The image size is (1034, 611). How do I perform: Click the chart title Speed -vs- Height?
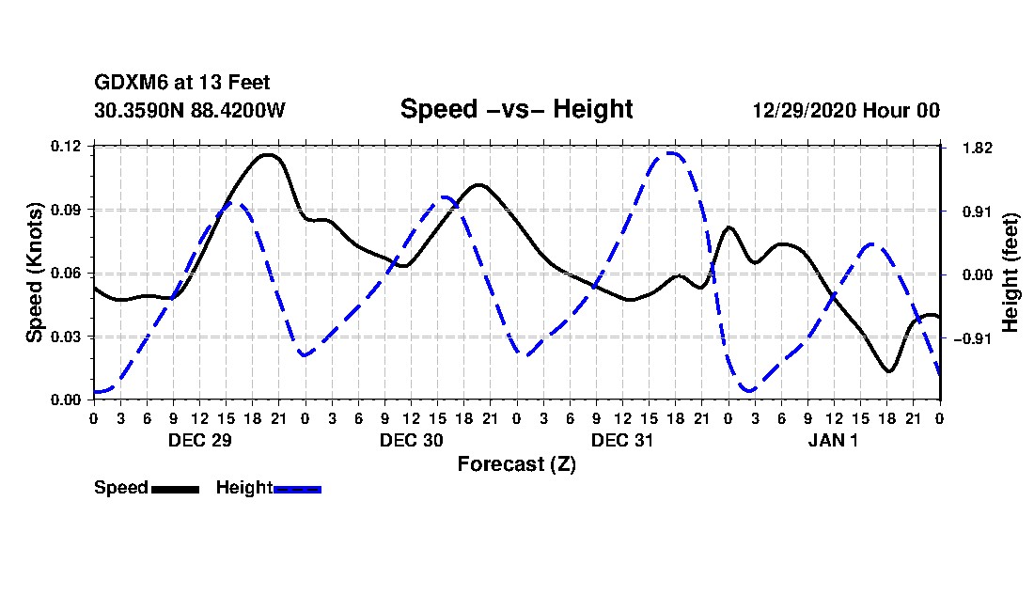[516, 109]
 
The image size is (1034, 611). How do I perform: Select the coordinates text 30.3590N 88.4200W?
[190, 110]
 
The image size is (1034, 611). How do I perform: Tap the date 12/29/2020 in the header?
[804, 110]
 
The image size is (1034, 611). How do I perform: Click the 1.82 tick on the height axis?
[978, 149]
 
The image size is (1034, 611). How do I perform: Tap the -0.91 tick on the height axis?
[973, 338]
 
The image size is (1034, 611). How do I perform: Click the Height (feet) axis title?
[1010, 273]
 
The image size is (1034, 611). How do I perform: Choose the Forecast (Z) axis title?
[517, 464]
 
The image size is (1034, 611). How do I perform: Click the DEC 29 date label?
[200, 440]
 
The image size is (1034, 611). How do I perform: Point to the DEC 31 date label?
[622, 440]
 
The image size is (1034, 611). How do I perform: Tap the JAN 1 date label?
[834, 440]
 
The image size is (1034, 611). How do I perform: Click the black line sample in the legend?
[176, 489]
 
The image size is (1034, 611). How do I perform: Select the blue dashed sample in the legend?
[297, 489]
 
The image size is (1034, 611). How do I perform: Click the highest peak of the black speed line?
[269, 155]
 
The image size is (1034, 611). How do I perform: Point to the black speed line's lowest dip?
[889, 371]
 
